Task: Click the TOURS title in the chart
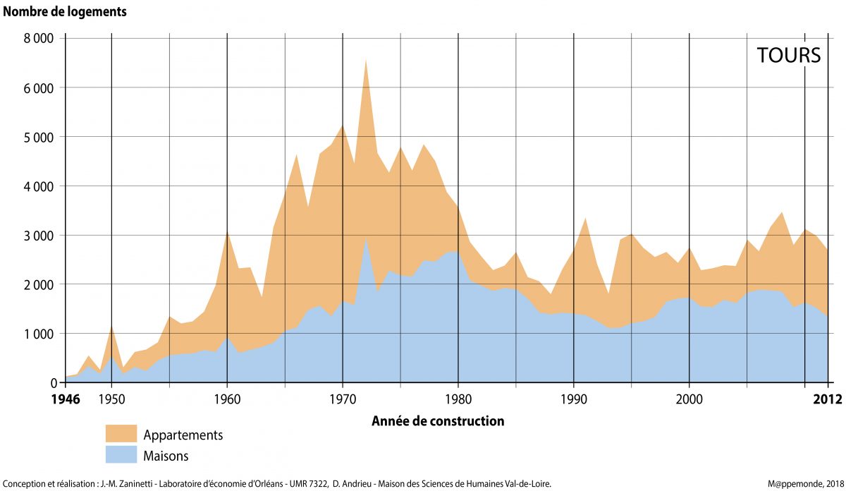(789, 56)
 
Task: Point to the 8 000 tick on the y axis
(39, 39)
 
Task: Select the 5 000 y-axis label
(39, 137)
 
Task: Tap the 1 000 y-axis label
(39, 334)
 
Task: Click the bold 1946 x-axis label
(66, 399)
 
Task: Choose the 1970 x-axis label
(343, 399)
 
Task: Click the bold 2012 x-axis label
(827, 399)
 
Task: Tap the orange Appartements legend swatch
(121, 434)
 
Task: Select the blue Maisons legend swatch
(121, 454)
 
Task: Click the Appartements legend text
(183, 435)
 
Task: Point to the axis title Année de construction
(437, 421)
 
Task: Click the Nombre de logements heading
(66, 11)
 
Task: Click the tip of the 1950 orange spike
(111, 327)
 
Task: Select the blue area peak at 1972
(366, 238)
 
